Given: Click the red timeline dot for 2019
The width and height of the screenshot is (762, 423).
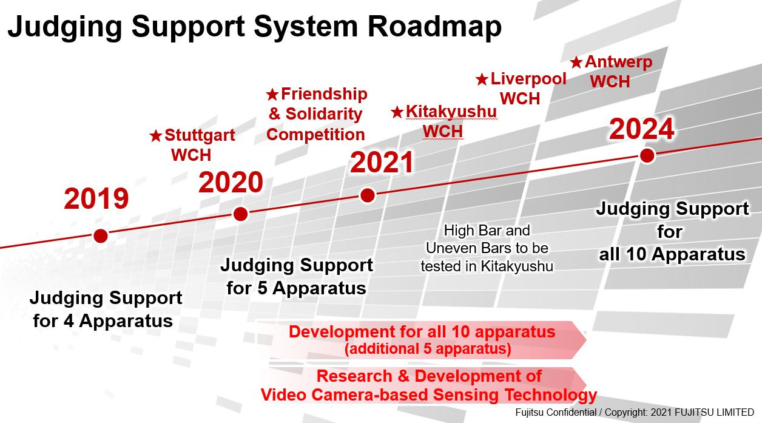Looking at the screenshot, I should tap(101, 235).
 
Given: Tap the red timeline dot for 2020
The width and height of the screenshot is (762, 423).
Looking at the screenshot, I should tap(240, 214).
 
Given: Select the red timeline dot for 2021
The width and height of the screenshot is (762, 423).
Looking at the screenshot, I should tap(367, 195).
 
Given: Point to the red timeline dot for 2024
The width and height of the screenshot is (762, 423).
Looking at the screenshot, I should tap(647, 155).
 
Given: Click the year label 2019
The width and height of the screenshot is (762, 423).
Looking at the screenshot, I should tap(96, 199).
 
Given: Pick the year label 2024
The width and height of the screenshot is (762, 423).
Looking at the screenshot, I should tap(642, 129).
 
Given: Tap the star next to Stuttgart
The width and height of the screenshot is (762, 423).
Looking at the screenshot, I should tap(156, 136).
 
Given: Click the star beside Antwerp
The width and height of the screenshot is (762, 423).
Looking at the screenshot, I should tap(576, 63).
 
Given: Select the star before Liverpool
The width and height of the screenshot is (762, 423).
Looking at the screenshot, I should tap(482, 80).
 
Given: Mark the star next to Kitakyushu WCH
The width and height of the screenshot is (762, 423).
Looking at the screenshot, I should tap(397, 112).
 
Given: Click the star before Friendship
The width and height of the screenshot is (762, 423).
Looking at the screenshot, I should tap(272, 95).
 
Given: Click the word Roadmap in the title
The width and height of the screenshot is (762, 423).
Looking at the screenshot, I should tap(434, 27).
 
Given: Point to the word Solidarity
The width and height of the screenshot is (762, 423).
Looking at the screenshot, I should tap(324, 114).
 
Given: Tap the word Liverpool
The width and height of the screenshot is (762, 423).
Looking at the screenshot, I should tap(528, 79).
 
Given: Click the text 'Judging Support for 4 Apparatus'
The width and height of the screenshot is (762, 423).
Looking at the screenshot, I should tap(106, 309).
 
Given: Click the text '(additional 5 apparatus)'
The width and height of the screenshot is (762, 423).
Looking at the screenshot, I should tap(428, 349).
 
